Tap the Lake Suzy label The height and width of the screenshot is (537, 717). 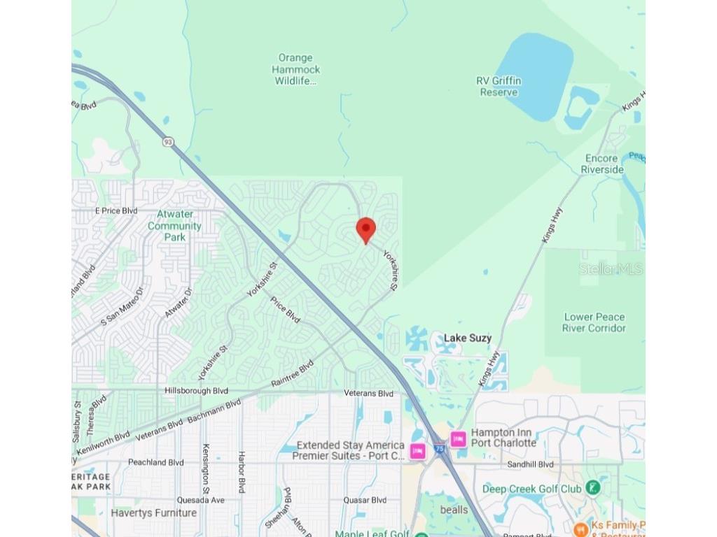(468, 338)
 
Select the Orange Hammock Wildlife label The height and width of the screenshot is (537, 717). (296, 69)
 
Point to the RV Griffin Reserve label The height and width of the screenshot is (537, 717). (499, 87)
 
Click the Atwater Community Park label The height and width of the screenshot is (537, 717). (174, 226)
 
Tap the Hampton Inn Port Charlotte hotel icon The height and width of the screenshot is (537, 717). (459, 439)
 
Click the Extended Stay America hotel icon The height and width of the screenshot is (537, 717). (418, 451)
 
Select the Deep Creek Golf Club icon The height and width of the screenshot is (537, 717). (594, 487)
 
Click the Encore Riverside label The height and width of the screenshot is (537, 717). (602, 164)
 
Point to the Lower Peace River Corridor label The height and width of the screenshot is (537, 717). (594, 322)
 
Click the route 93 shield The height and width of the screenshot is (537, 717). (167, 142)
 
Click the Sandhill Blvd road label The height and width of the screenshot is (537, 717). (530, 464)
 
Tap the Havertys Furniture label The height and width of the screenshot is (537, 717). (153, 513)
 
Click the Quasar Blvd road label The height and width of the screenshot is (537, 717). (364, 500)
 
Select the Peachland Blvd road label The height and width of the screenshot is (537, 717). (155, 462)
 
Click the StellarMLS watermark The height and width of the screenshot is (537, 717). (611, 269)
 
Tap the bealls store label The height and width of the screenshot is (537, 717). (454, 510)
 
